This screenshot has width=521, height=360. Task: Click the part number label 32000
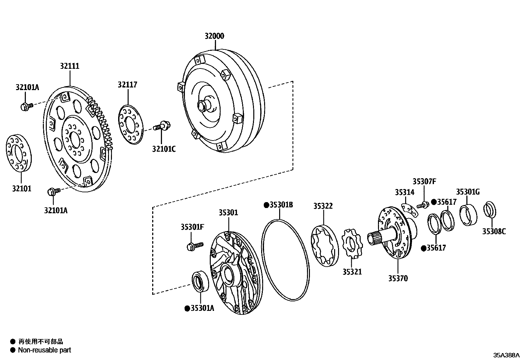pyautogui.click(x=214, y=36)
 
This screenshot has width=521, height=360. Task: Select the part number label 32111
pyautogui.click(x=69, y=66)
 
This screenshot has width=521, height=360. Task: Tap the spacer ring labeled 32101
pyautogui.click(x=19, y=153)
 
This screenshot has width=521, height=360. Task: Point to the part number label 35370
pyautogui.click(x=398, y=278)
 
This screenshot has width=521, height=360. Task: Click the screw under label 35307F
pyautogui.click(x=423, y=205)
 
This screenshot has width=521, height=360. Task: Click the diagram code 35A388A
pyautogui.click(x=506, y=355)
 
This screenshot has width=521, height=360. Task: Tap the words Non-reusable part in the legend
pyautogui.click(x=45, y=350)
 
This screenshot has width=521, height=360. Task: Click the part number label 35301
pyautogui.click(x=228, y=213)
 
